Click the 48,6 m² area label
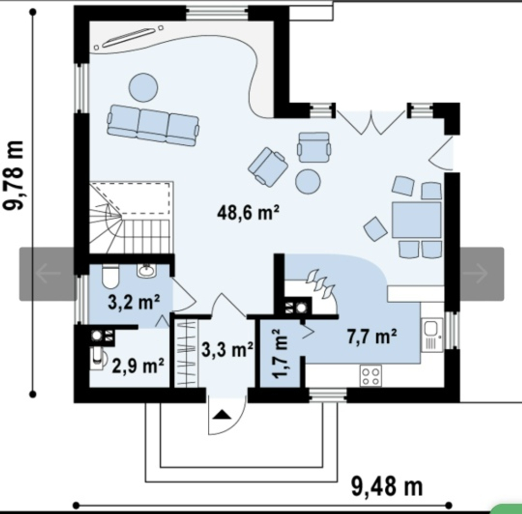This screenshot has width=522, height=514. (x=248, y=212)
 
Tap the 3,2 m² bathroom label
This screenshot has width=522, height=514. (x=134, y=302)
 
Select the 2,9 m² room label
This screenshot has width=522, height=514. (x=138, y=366)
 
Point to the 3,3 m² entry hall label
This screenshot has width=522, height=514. (x=228, y=350)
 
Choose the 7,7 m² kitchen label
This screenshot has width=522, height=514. (x=372, y=336)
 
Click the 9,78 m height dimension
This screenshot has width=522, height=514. (x=14, y=175)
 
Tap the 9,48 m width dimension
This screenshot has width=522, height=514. (x=387, y=487)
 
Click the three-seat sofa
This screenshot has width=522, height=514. (x=153, y=125)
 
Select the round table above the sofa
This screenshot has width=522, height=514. (x=143, y=88)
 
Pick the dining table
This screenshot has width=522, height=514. (x=417, y=220)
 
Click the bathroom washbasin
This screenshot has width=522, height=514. (x=146, y=270)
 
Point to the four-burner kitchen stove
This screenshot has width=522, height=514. (x=371, y=376)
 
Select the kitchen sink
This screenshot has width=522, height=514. (x=432, y=335)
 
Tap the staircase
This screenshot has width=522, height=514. (x=132, y=218)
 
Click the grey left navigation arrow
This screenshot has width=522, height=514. (x=48, y=273)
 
